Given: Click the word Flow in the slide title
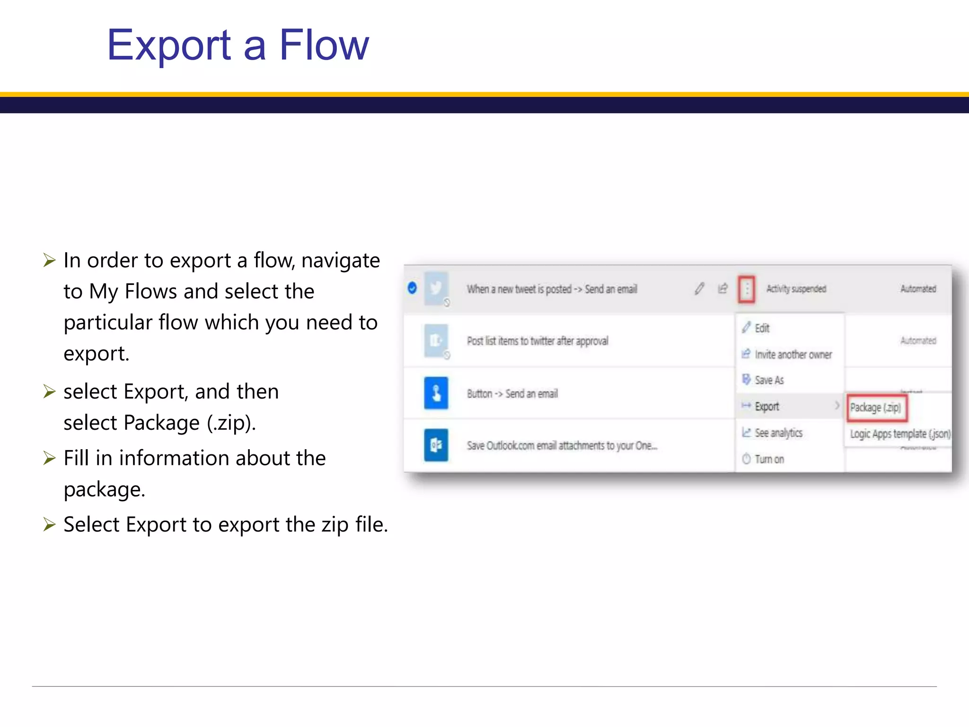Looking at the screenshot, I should [324, 45].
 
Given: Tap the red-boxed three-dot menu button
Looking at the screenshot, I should [747, 289].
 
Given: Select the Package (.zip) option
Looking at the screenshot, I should [876, 408].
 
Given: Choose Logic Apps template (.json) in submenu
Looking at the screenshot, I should [899, 434].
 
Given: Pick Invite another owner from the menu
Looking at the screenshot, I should [793, 355].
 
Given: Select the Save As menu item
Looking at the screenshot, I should [769, 380].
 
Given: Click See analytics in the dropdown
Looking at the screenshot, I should [778, 433].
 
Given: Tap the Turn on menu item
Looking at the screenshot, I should [769, 459].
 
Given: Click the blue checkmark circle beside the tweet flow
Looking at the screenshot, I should [412, 288].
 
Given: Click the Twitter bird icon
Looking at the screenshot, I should [436, 288].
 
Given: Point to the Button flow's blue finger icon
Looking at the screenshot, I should [436, 393].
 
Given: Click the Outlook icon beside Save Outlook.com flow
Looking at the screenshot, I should [436, 445].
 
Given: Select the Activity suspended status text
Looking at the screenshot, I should [796, 289].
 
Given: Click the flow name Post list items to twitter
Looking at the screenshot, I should [537, 341].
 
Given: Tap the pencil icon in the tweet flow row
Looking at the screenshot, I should [699, 288].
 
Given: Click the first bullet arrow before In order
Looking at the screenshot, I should [49, 260].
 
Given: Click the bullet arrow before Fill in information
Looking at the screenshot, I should [49, 458].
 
